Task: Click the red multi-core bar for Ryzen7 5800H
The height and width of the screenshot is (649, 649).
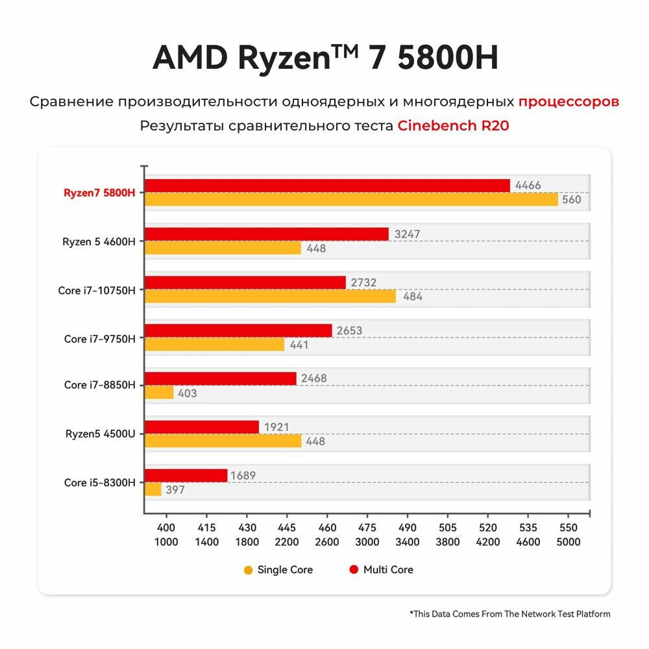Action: (x=327, y=186)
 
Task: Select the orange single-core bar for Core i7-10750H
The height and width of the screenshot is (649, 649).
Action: (x=270, y=296)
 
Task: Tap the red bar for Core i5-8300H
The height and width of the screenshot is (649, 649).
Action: (x=186, y=475)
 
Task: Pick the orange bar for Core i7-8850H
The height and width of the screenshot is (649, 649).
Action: (x=159, y=393)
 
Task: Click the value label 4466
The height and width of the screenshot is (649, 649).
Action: (x=528, y=186)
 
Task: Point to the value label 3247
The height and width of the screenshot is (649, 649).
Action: (x=407, y=234)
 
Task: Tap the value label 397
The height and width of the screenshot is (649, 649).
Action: (x=175, y=489)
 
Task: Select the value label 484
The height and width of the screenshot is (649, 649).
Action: (x=413, y=297)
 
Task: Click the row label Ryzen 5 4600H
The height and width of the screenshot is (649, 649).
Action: (x=99, y=241)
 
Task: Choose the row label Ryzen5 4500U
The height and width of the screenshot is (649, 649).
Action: (x=100, y=434)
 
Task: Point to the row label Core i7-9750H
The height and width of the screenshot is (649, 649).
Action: (x=99, y=338)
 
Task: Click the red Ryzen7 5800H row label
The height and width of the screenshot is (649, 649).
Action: (x=99, y=193)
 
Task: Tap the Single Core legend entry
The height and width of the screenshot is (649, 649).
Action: (x=278, y=570)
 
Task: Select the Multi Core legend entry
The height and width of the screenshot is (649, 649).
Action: (x=381, y=570)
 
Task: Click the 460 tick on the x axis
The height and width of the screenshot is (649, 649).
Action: (x=328, y=528)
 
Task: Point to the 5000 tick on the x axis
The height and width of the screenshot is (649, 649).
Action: (x=568, y=542)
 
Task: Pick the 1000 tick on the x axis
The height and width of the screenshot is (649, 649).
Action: (x=167, y=542)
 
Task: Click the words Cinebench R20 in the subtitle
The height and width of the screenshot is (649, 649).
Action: (x=453, y=126)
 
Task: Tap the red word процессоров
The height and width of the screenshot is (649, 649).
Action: (x=569, y=102)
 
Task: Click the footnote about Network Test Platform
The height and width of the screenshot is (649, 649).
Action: (x=509, y=613)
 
